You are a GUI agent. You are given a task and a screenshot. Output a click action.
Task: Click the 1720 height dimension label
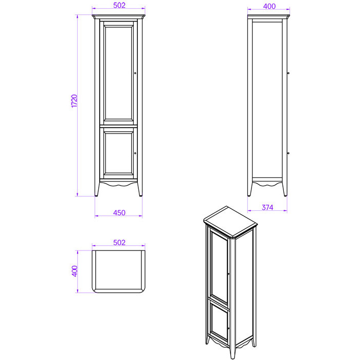[x=75, y=101]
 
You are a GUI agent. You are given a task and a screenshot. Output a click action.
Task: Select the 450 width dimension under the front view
[x=119, y=213]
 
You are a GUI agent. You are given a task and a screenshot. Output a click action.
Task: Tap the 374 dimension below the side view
[x=267, y=208]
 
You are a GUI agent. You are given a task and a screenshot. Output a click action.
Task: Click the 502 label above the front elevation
[x=119, y=5]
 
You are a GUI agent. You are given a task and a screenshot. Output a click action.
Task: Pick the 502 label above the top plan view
[x=119, y=242]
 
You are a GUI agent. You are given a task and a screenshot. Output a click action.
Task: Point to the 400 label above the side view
[x=269, y=6]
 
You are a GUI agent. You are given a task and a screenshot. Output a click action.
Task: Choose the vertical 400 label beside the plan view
[x=75, y=271]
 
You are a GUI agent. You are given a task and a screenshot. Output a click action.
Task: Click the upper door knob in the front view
[x=135, y=73]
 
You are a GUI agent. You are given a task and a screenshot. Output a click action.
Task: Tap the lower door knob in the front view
[x=135, y=153]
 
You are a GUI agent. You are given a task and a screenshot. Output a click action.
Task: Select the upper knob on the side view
[x=288, y=73]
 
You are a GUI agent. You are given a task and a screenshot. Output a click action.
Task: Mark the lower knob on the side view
[x=288, y=153]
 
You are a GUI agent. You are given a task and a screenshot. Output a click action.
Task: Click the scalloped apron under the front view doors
[x=118, y=183]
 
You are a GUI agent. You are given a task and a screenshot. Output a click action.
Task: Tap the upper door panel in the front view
[x=118, y=73]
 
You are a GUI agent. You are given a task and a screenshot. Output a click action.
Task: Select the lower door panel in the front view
[x=118, y=152]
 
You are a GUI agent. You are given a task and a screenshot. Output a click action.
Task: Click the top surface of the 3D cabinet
[x=230, y=222]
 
